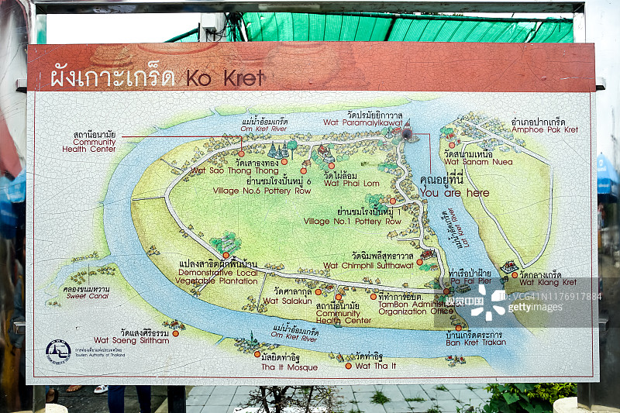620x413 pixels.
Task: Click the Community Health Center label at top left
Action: pos(95,141)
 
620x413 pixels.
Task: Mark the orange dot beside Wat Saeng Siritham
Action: pos(176,333)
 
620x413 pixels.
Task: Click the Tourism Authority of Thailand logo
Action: pos(58,351)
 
